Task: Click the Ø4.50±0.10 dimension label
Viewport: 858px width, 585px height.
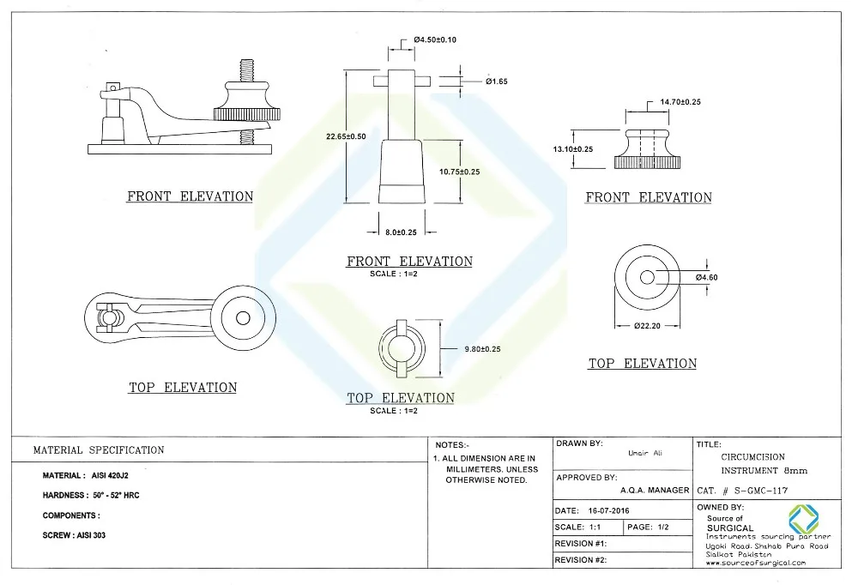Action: [435, 39]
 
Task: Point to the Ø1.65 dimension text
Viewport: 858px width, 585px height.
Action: [497, 81]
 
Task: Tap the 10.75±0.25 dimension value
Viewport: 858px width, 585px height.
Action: [459, 172]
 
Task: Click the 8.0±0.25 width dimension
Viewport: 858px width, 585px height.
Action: [402, 232]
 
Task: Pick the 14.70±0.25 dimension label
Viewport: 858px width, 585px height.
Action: [680, 102]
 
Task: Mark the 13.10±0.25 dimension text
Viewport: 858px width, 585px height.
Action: [572, 149]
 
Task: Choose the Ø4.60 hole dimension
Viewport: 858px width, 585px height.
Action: [707, 277]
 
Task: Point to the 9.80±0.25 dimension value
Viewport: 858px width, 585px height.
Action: [482, 349]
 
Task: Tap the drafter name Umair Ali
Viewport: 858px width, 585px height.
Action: [646, 452]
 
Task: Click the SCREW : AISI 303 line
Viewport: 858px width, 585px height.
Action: [74, 535]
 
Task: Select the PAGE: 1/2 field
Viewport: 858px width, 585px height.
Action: [651, 527]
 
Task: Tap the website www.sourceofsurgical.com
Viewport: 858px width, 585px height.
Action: [756, 563]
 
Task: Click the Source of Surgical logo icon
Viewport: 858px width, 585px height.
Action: [804, 519]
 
